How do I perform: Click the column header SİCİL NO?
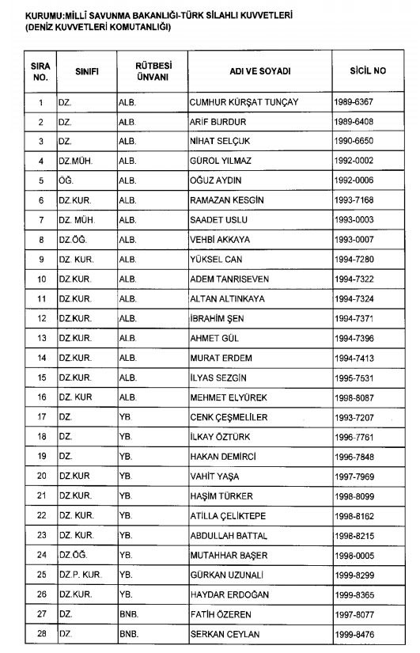(x=368, y=71)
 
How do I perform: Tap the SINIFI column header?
(x=85, y=71)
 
